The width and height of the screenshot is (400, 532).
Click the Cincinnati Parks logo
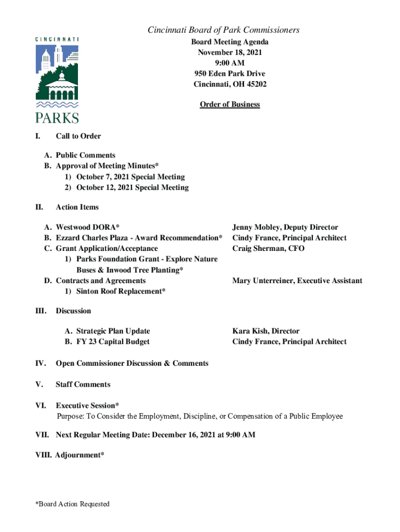pyautogui.click(x=57, y=79)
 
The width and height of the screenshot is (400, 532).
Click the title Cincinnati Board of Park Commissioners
pyautogui.click(x=223, y=30)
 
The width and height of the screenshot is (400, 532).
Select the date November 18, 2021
pyautogui.click(x=230, y=52)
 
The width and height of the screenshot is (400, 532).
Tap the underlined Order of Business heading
pyautogui.click(x=230, y=104)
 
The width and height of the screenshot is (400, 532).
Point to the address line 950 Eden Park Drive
pyautogui.click(x=230, y=73)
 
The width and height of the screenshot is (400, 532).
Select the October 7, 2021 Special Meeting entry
pyautogui.click(x=130, y=177)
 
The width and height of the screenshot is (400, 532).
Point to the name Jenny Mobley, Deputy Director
pyautogui.click(x=285, y=227)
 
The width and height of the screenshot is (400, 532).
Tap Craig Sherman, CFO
pyautogui.click(x=268, y=248)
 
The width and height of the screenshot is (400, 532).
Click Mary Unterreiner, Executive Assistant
pyautogui.click(x=297, y=281)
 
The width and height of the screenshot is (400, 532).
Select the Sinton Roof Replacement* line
pyautogui.click(x=121, y=291)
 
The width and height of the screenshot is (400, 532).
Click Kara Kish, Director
pyautogui.click(x=265, y=331)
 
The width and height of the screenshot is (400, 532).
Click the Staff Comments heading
pyautogui.click(x=83, y=384)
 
